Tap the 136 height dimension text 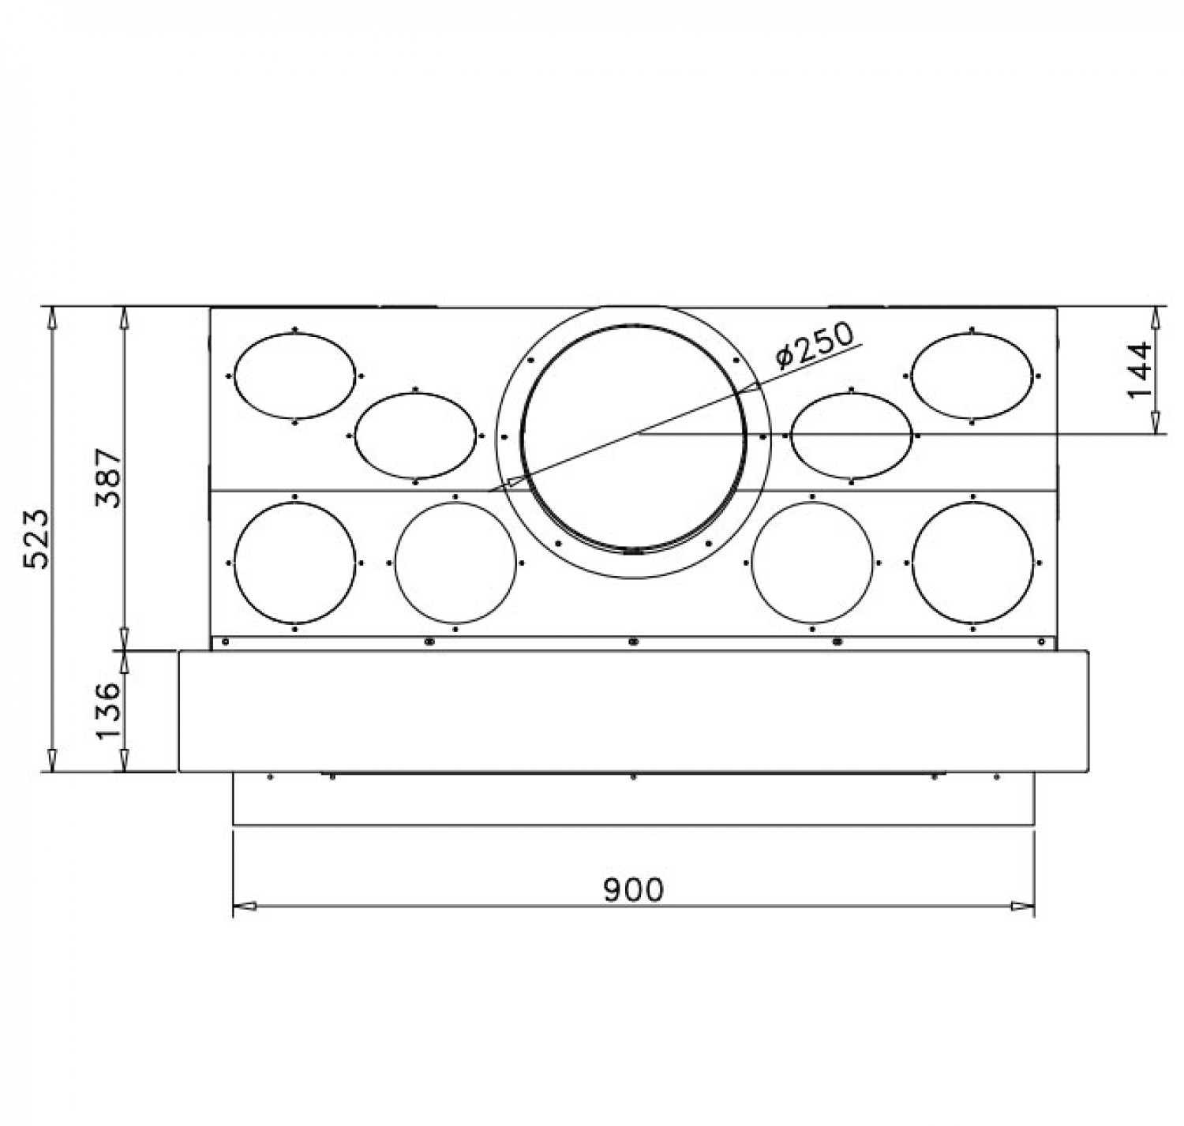(x=110, y=710)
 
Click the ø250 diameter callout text (x=815, y=345)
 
